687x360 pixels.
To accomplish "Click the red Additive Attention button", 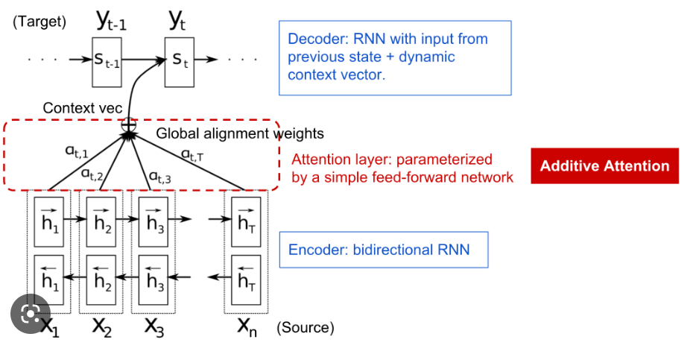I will tap(604, 165).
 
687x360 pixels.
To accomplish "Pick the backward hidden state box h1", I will tap(50, 279).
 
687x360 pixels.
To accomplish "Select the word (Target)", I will tap(39, 22).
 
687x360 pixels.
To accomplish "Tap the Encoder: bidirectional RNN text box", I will tap(384, 249).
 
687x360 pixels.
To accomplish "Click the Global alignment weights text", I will tap(240, 134).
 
